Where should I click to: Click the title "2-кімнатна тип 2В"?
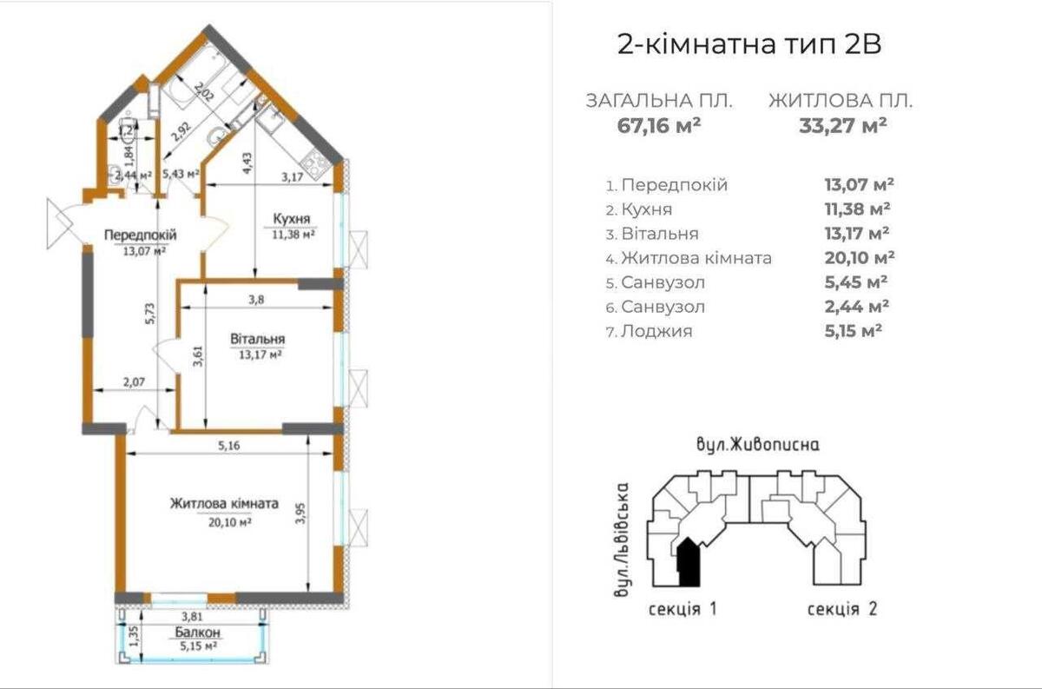[749, 45]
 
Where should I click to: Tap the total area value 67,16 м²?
[659, 124]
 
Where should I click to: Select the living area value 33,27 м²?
[842, 124]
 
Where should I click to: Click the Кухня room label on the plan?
[290, 218]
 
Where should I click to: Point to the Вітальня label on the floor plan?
[258, 339]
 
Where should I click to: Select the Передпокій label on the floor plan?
[141, 235]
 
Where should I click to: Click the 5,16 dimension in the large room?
[228, 446]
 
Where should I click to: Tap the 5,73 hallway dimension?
[150, 313]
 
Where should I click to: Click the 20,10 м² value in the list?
[859, 257]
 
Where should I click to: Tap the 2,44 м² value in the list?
[854, 306]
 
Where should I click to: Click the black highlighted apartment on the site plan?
[688, 560]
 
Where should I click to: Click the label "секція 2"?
[841, 609]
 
